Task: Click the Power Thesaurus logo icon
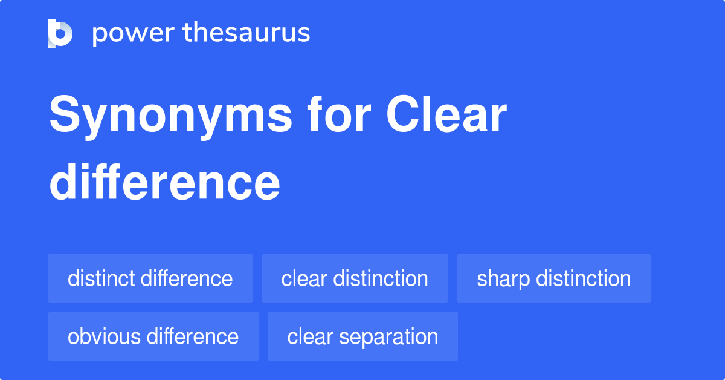point(60,34)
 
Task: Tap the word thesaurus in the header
point(246,32)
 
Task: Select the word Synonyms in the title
point(171,117)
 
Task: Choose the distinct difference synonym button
point(150,278)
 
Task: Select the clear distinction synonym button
point(355,278)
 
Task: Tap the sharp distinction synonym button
point(554,278)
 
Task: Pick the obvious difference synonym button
point(153,336)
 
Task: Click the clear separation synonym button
point(363,336)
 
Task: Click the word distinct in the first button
point(101,278)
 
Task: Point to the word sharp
point(503,279)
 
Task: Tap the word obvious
point(104,336)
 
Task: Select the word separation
point(388,337)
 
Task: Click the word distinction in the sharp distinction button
point(584,278)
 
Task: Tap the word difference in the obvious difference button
point(193,336)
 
